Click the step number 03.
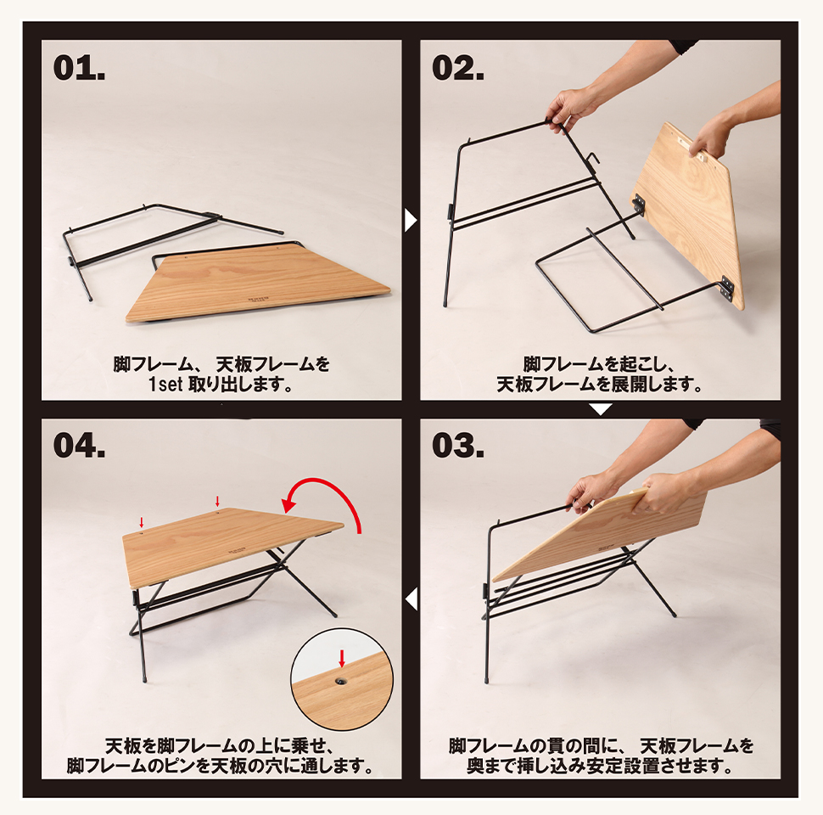pyautogui.click(x=458, y=446)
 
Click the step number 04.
pyautogui.click(x=79, y=446)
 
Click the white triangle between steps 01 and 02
pyautogui.click(x=411, y=221)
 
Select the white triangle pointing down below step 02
pyautogui.click(x=600, y=410)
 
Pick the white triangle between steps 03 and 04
pyautogui.click(x=411, y=599)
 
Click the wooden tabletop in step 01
pyautogui.click(x=255, y=284)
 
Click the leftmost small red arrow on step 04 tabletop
pyautogui.click(x=141, y=522)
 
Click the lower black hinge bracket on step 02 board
pyautogui.click(x=726, y=289)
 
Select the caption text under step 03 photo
pyautogui.click(x=600, y=756)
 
